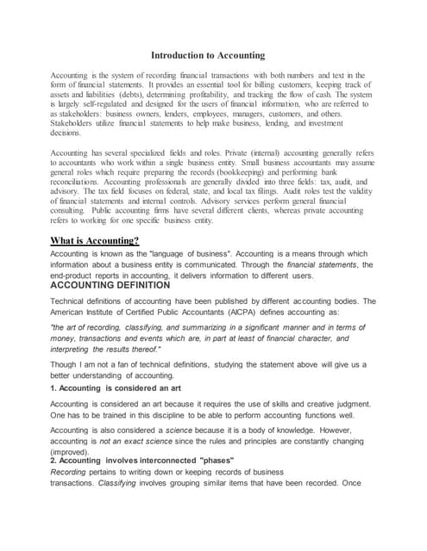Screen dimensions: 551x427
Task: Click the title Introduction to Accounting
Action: (214, 55)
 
